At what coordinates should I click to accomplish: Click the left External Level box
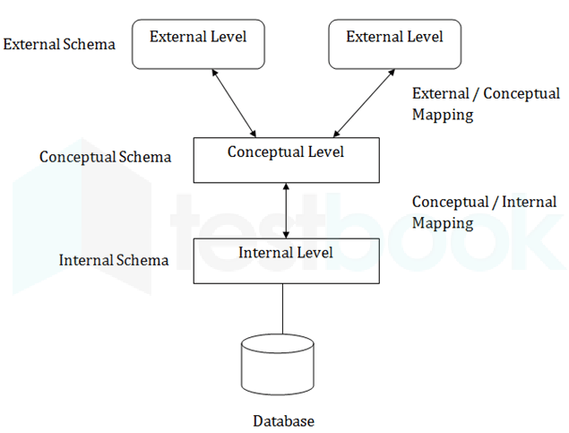[x=198, y=44]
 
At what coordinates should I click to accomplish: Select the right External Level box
[x=395, y=44]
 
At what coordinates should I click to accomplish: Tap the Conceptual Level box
[x=287, y=160]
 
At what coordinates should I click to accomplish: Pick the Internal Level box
[x=287, y=261]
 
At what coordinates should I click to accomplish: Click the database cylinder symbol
[x=278, y=364]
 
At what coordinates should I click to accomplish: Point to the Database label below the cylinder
[x=284, y=421]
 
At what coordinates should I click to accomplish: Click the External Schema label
[x=59, y=44]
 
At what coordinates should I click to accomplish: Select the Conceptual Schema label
[x=105, y=157]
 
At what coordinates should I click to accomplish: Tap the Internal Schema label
[x=114, y=260]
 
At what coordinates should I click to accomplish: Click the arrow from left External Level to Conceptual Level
[x=234, y=103]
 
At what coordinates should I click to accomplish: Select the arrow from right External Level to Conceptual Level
[x=364, y=103]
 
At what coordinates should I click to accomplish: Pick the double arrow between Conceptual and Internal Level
[x=286, y=211]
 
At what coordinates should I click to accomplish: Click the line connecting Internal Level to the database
[x=282, y=309]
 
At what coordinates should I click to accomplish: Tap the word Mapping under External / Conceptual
[x=443, y=115]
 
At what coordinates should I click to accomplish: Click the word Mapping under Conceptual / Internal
[x=443, y=223]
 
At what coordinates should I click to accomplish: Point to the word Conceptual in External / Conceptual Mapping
[x=522, y=94]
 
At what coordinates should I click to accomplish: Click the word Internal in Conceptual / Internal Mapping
[x=529, y=202]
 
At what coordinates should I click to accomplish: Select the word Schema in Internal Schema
[x=142, y=260]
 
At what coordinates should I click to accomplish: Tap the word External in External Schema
[x=31, y=44]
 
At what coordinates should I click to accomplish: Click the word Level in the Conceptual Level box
[x=326, y=152]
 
